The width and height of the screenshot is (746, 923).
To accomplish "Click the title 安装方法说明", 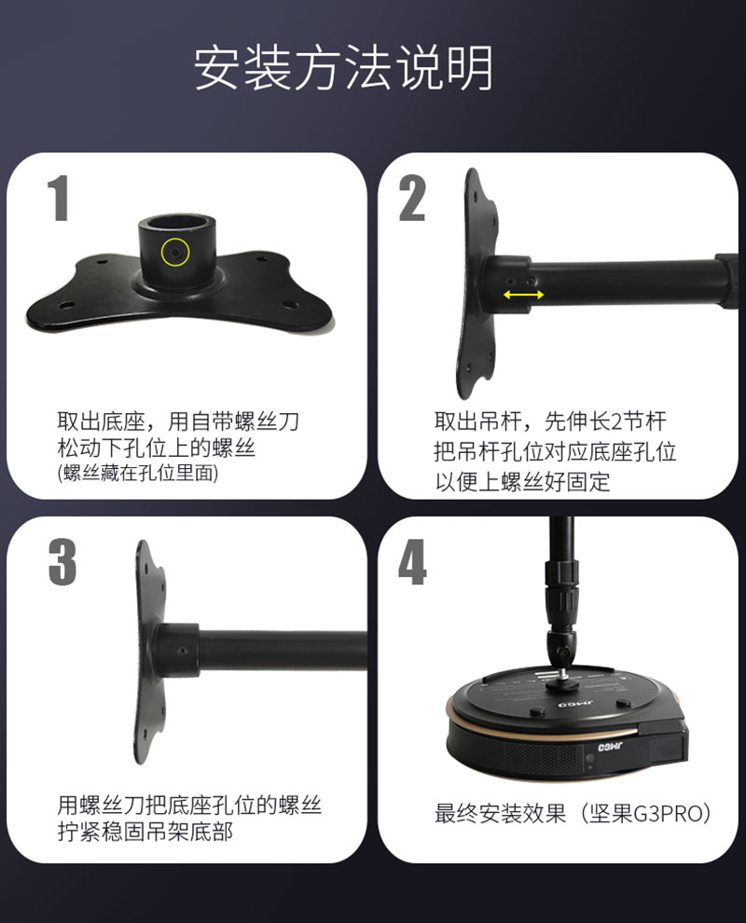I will click(343, 67).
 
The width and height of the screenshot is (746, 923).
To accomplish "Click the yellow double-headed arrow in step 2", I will click(524, 295).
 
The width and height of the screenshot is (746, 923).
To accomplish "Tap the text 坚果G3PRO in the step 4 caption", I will click(651, 813).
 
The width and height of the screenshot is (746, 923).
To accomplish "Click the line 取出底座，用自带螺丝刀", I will click(178, 420).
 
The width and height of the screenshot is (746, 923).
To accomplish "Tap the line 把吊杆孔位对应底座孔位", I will click(555, 451).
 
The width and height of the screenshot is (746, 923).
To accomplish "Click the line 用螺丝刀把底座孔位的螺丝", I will click(189, 805).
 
